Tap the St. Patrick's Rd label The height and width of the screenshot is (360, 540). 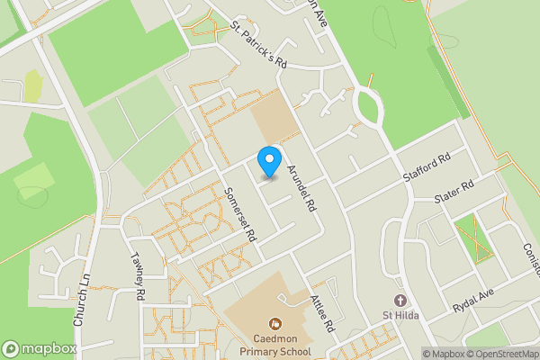pos(257,46)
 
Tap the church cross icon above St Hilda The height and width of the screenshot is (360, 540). pos(399,300)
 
